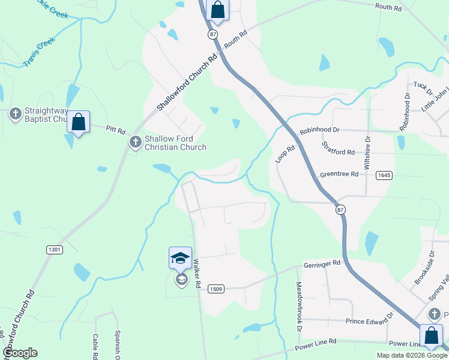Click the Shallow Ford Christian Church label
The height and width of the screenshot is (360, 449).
pos(175,143)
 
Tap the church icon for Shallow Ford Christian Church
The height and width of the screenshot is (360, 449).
pos(136,142)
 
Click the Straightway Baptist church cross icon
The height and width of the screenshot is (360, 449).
pos(16,113)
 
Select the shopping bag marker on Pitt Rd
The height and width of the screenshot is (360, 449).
pos(79,122)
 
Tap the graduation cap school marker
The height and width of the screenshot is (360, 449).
pos(180,258)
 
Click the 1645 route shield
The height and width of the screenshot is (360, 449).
pos(385,175)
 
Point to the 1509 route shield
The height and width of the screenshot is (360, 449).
pos(217,289)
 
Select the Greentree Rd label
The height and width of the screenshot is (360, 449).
pos(339,174)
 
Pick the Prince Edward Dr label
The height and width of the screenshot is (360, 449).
pos(369,320)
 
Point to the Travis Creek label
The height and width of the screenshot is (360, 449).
pos(39,54)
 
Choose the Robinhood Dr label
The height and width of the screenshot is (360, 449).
pos(319,130)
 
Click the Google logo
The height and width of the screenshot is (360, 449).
pos(20,353)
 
